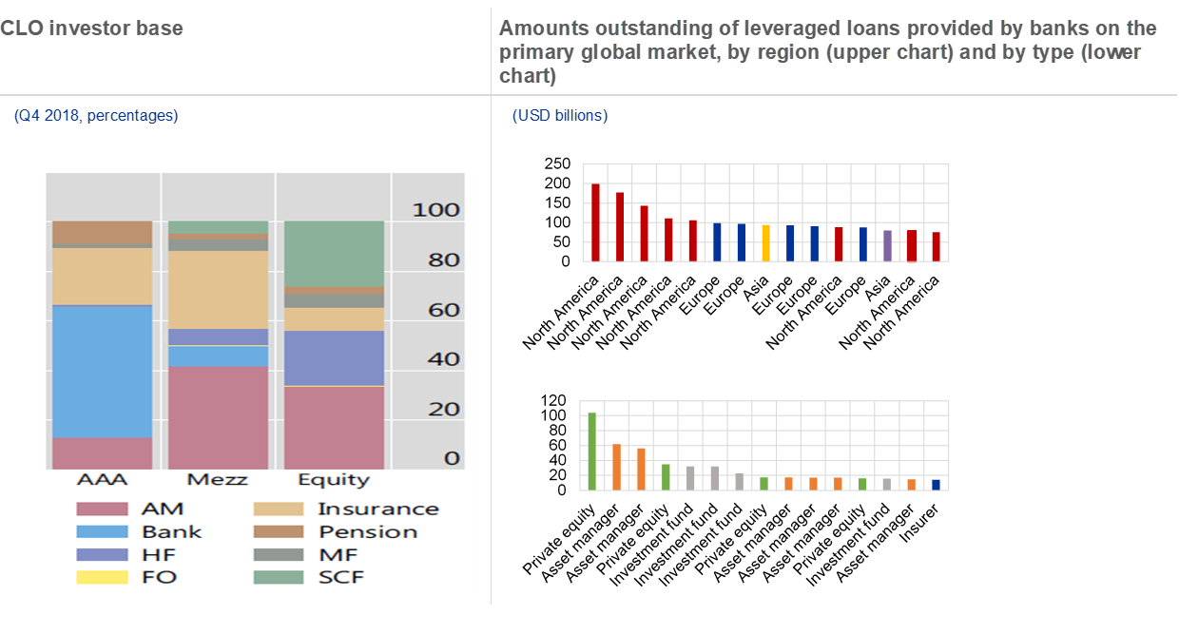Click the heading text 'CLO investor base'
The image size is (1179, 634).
tap(91, 29)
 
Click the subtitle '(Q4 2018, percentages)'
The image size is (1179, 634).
tap(96, 116)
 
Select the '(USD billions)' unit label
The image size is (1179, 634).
tap(560, 116)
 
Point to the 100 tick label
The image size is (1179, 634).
tap(435, 210)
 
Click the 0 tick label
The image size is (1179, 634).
tap(451, 458)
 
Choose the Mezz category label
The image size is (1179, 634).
tap(218, 479)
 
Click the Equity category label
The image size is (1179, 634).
tap(333, 479)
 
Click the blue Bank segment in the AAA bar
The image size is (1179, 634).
tap(102, 371)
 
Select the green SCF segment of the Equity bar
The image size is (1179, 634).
tap(334, 254)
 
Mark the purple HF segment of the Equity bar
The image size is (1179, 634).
tap(334, 357)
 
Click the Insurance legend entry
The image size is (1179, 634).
tap(377, 509)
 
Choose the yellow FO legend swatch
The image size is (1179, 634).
tap(101, 577)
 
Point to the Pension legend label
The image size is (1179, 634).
tap(368, 531)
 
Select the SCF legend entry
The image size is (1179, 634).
tap(340, 577)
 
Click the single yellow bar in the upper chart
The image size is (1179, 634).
tap(765, 242)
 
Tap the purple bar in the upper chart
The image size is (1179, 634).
tap(887, 245)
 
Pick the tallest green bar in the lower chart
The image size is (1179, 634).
tap(591, 451)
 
